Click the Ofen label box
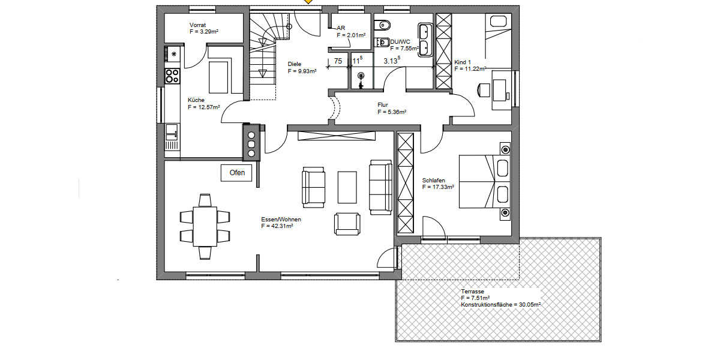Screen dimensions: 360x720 pyautogui.click(x=237, y=173)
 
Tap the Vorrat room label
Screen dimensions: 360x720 pyautogui.click(x=198, y=25)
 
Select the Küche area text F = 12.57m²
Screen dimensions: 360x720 pyautogui.click(x=203, y=107)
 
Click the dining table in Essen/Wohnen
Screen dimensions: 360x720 pyautogui.click(x=205, y=226)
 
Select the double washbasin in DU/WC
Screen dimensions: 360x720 pyautogui.click(x=425, y=40)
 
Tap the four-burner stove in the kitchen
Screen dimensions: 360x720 pyautogui.click(x=172, y=76)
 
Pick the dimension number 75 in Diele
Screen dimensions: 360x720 pyautogui.click(x=338, y=61)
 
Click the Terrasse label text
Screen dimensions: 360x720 pyautogui.click(x=473, y=292)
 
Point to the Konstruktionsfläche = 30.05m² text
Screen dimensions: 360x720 pyautogui.click(x=500, y=305)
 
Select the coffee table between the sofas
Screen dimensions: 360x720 pyautogui.click(x=347, y=187)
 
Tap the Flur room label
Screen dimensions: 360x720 pyautogui.click(x=382, y=104)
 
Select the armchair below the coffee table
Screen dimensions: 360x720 pyautogui.click(x=348, y=223)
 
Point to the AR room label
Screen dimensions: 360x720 pyautogui.click(x=341, y=28)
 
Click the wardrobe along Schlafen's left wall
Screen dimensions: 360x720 pyautogui.click(x=406, y=183)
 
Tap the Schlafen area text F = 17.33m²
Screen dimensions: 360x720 pyautogui.click(x=437, y=187)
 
